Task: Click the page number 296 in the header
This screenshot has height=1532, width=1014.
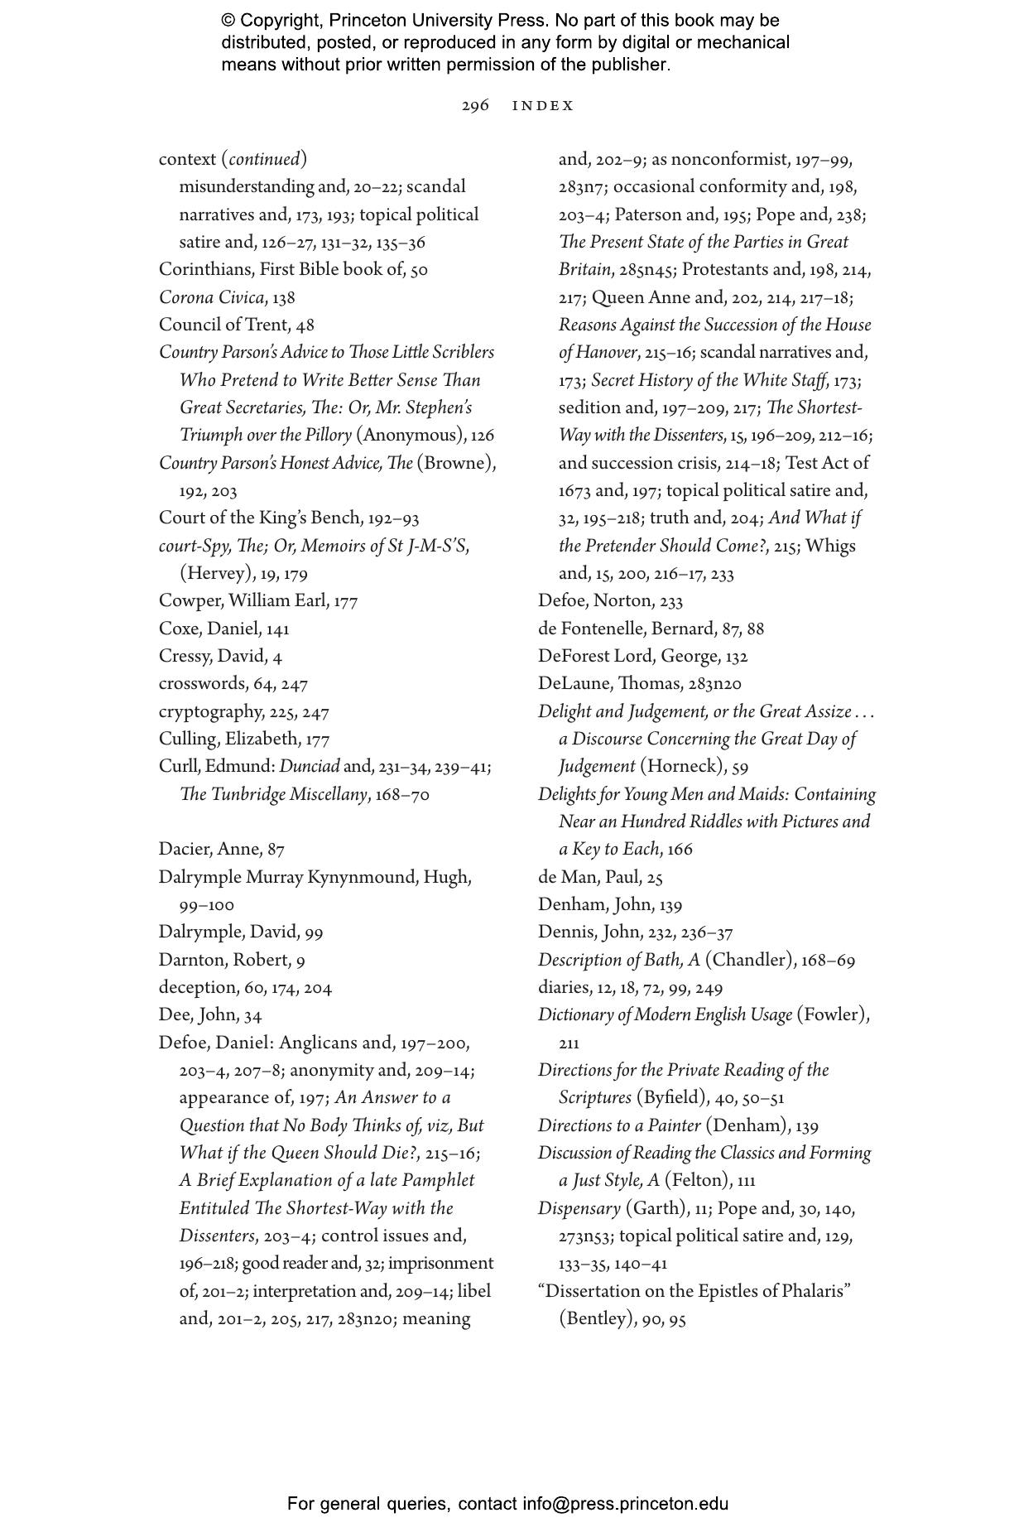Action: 475,106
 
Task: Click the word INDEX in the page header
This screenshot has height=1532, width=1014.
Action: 543,106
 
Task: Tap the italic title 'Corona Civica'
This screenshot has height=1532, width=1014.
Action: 212,297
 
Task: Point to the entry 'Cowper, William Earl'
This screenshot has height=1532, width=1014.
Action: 244,600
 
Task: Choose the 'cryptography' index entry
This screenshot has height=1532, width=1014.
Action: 210,711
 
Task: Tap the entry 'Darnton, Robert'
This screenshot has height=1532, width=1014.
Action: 223,960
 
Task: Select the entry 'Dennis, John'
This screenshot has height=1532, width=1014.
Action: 589,932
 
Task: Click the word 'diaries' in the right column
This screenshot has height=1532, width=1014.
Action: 562,987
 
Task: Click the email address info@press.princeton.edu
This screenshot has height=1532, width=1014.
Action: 625,1504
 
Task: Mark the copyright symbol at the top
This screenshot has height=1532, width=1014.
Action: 228,21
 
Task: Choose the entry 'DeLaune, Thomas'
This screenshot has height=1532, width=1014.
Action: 611,683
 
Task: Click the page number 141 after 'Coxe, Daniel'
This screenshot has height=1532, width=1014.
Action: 278,629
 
